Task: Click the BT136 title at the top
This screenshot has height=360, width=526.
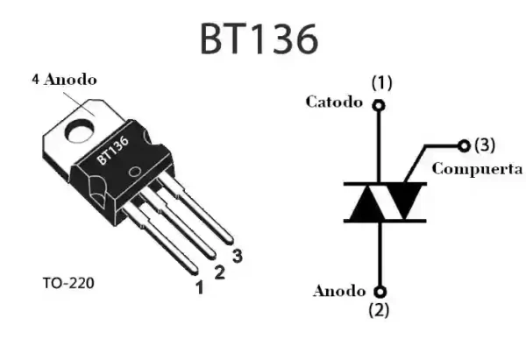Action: coord(259,38)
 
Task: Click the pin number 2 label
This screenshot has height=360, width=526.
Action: coord(220,272)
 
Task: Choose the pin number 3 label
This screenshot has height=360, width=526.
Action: coord(237,257)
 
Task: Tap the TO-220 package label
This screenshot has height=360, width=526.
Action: coord(68,285)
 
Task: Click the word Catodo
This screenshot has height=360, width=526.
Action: coord(333,102)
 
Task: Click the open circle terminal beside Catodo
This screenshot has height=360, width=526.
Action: coord(380,106)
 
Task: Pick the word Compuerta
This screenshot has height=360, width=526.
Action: coord(478,167)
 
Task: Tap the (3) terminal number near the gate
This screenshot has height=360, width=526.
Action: coord(484,144)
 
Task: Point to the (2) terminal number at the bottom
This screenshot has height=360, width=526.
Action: coord(380,308)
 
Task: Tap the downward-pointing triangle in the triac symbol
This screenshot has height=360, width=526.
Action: coord(402,201)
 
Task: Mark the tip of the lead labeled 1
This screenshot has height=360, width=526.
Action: coord(196,269)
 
